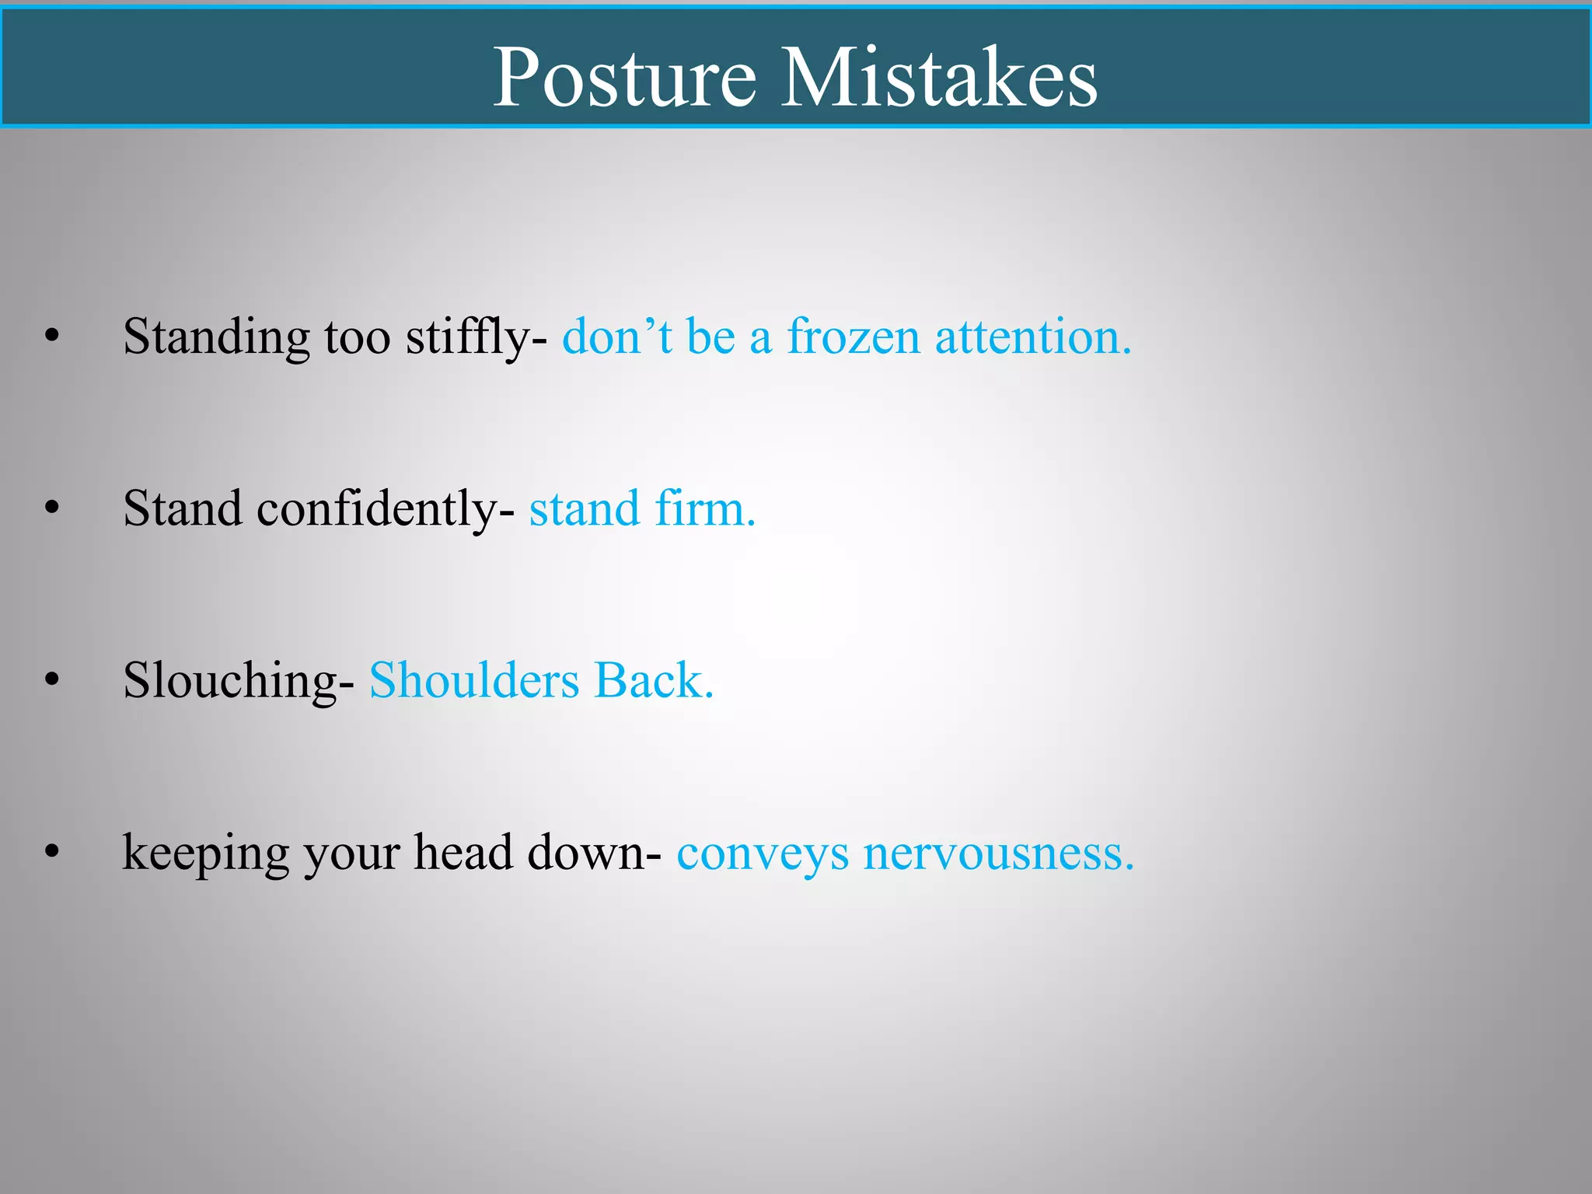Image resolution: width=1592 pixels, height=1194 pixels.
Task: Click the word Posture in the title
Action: click(x=624, y=77)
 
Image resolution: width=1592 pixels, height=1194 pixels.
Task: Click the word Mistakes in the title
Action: click(x=939, y=77)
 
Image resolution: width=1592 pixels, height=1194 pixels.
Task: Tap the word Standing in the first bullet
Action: click(x=216, y=338)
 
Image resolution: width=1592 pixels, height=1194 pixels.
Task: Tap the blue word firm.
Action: click(x=705, y=509)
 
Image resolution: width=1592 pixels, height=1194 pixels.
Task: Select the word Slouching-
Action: click(x=239, y=682)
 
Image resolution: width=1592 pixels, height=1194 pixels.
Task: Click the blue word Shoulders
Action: click(x=474, y=681)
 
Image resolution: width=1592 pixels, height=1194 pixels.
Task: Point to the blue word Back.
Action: click(x=653, y=681)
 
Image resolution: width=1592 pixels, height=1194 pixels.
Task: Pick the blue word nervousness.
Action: click(x=999, y=854)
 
